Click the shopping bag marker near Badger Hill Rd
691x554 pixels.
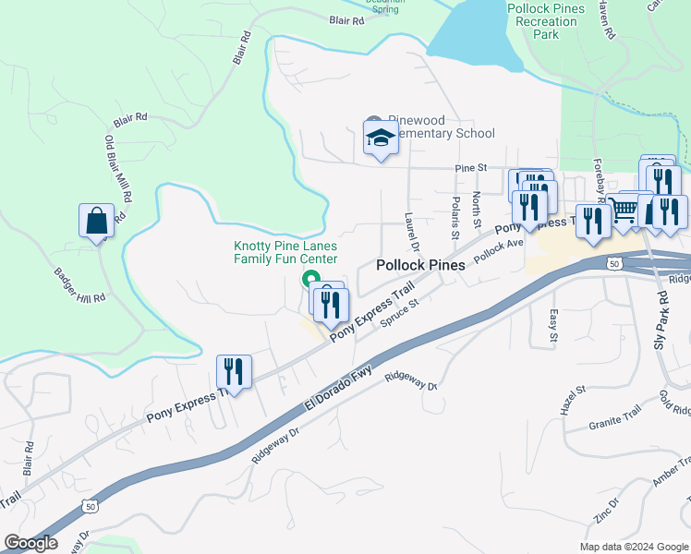(x=97, y=221)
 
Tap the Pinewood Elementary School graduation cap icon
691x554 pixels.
(x=380, y=139)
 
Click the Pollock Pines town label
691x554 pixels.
(x=420, y=264)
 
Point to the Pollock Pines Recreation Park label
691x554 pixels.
(x=546, y=20)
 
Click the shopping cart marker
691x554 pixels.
(x=624, y=211)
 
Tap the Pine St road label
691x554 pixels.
(x=470, y=169)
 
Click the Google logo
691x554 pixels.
(x=30, y=543)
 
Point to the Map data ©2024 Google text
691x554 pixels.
(x=633, y=547)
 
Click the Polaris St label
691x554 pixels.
(x=455, y=212)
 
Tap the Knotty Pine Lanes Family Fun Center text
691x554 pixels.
(x=285, y=252)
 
